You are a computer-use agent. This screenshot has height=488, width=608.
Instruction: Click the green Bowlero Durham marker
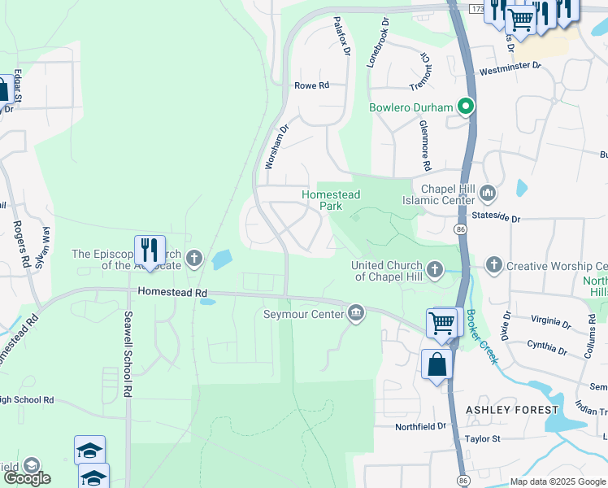click(x=466, y=107)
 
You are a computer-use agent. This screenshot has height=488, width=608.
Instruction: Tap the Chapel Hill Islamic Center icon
click(x=488, y=193)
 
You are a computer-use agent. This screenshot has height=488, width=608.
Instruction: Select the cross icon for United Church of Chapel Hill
click(x=435, y=269)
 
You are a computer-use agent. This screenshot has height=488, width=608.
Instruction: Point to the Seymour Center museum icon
click(x=355, y=313)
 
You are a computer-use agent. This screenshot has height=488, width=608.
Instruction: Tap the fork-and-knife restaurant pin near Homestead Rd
click(x=150, y=250)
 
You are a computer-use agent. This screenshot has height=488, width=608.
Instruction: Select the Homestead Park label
click(x=332, y=200)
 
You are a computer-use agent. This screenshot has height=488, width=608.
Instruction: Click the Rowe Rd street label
click(x=311, y=85)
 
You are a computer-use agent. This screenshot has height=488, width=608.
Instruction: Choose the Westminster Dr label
click(x=510, y=66)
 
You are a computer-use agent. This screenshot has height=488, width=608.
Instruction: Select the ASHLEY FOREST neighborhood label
click(x=511, y=410)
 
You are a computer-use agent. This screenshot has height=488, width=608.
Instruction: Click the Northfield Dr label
click(x=421, y=426)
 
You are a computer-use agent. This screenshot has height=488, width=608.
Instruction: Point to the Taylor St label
click(x=482, y=439)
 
